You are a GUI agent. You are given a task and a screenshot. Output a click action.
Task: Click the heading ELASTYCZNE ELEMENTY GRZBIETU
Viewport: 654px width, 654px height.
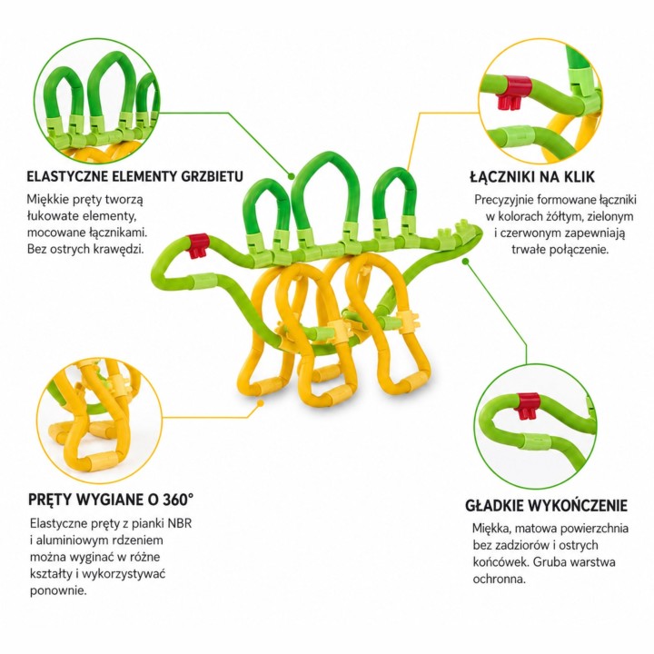[x=134, y=176]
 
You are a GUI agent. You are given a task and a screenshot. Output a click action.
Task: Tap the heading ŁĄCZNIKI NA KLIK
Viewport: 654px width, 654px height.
[x=532, y=176]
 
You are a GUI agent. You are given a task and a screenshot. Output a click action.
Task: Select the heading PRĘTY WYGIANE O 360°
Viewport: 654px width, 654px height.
[x=111, y=500]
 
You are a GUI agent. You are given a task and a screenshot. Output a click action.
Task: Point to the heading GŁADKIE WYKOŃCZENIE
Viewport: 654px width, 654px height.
[x=546, y=506]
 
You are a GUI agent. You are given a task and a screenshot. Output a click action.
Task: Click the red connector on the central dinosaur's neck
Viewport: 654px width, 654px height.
[x=198, y=245]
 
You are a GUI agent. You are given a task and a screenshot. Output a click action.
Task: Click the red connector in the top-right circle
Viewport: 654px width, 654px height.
[x=516, y=92]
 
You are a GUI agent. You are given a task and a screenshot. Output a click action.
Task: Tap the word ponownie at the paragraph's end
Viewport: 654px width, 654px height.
[x=58, y=591]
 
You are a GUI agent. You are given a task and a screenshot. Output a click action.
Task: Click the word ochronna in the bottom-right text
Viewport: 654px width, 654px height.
[x=499, y=579]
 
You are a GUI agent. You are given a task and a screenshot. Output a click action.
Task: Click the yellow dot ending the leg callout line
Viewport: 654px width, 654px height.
[x=261, y=403]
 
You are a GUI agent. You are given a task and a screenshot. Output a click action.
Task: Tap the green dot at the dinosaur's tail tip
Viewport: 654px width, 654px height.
[x=466, y=261]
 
